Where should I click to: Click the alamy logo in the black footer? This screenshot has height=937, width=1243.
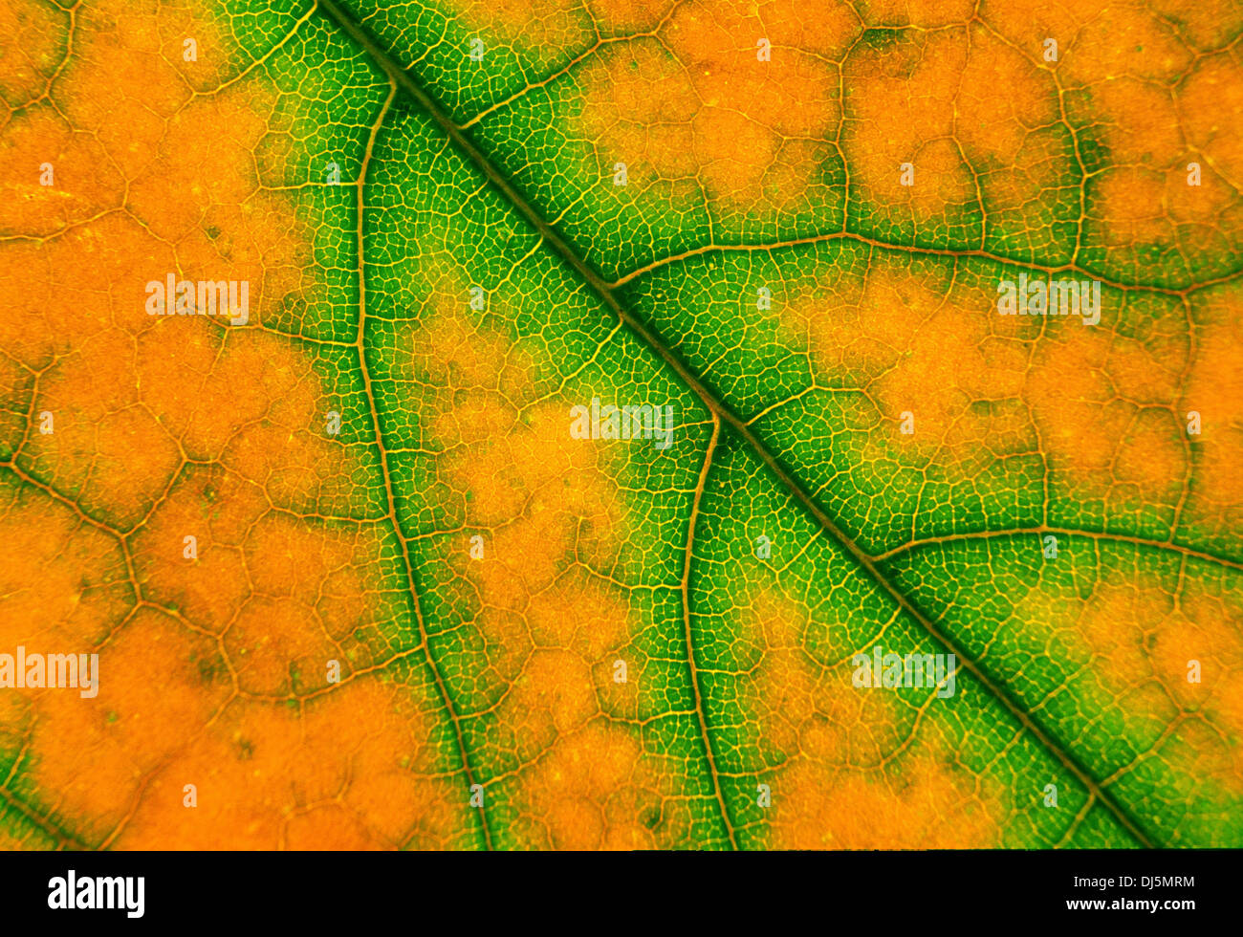96,894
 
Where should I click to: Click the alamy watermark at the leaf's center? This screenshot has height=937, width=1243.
621,422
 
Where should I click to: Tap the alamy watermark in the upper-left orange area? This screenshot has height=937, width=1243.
197,299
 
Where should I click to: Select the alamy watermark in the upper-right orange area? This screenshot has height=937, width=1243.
1048,299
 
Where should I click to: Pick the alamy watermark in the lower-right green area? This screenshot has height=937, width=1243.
903,671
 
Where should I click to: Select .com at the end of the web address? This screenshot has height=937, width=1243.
1176,904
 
